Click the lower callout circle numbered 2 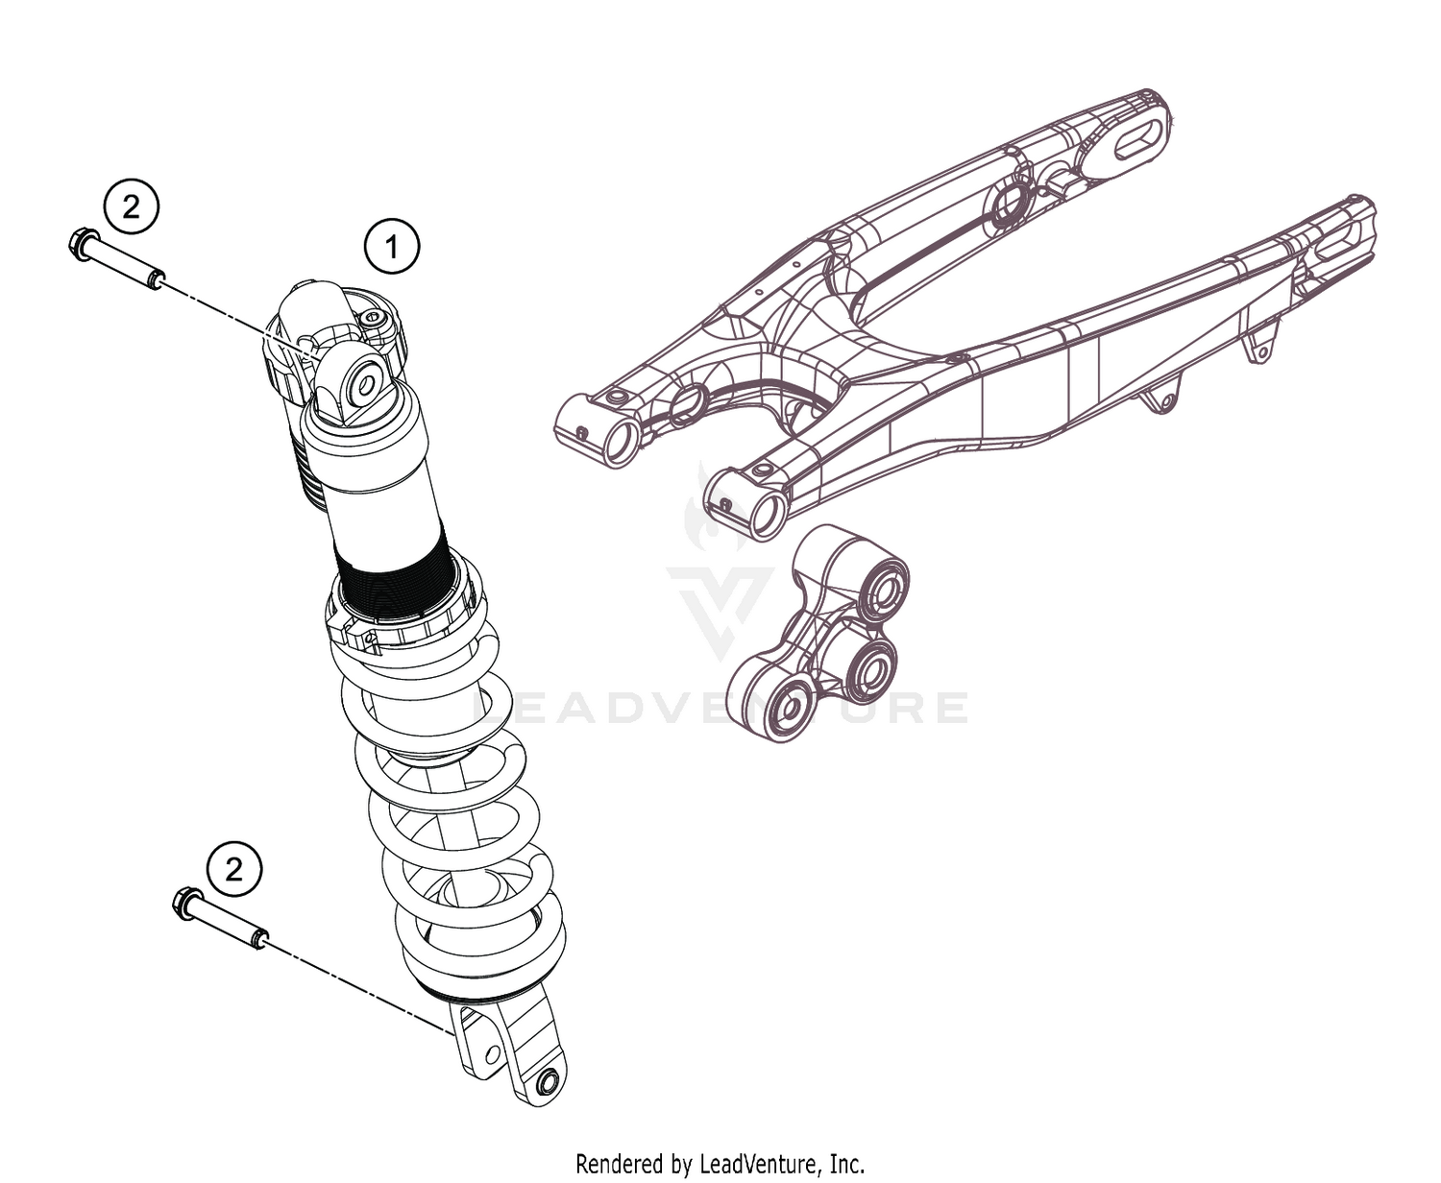pos(233,870)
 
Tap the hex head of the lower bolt pos(185,903)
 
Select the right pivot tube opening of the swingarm pos(768,514)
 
